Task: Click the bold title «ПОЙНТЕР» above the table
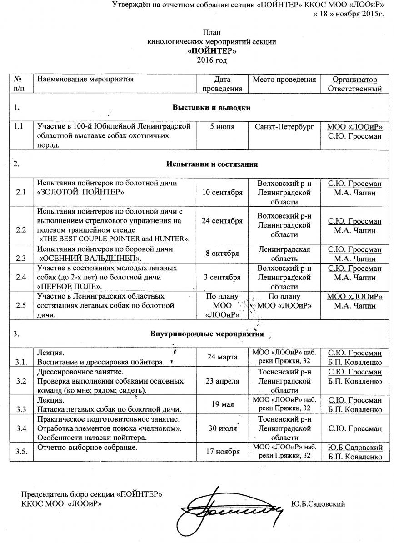click(x=212, y=51)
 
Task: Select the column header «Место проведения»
click(x=284, y=80)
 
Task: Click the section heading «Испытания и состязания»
click(x=212, y=164)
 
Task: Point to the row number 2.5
click(x=20, y=306)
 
